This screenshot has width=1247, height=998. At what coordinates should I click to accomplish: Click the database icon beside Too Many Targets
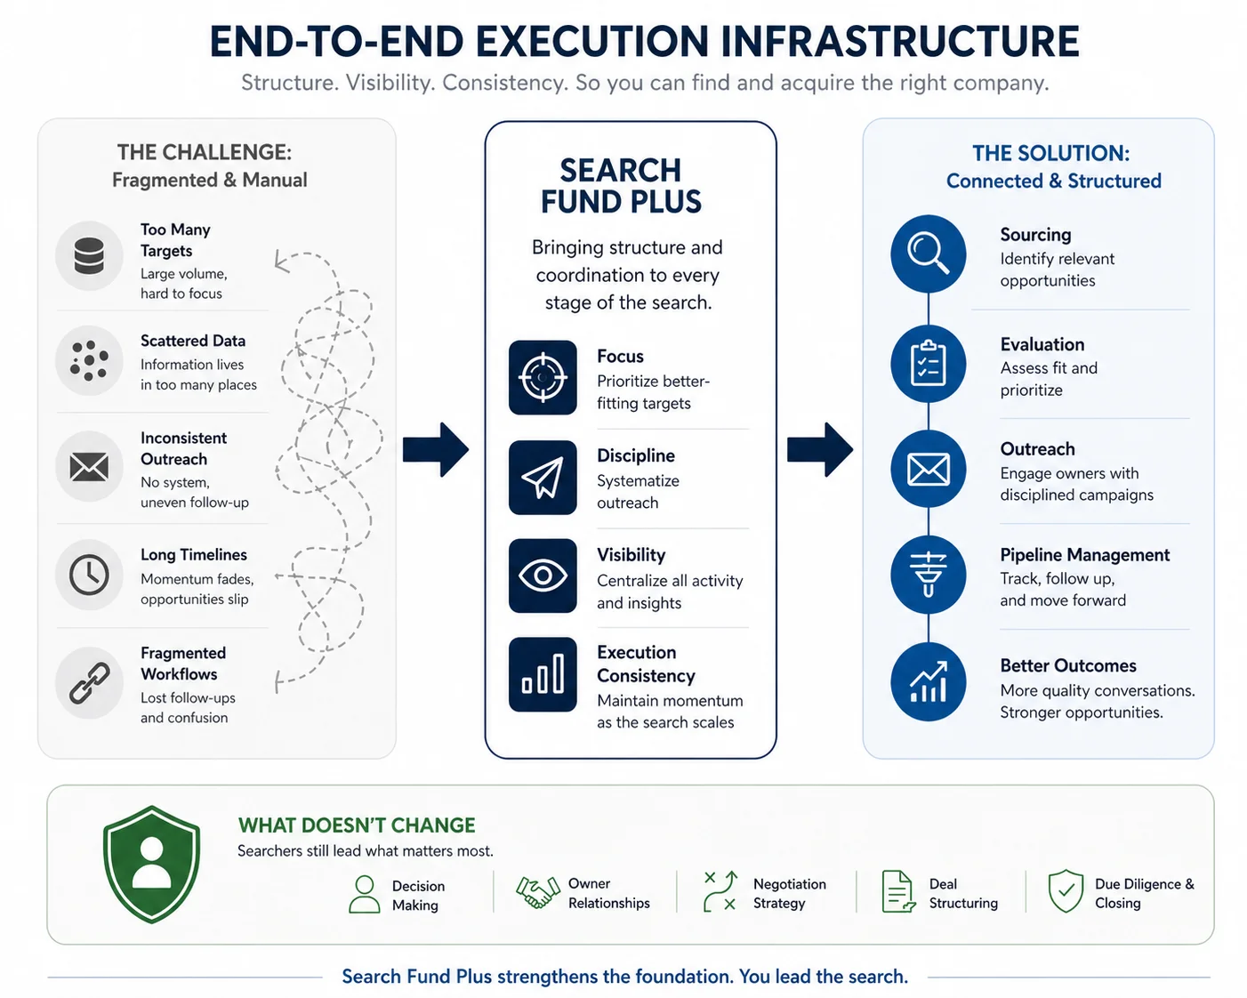(89, 255)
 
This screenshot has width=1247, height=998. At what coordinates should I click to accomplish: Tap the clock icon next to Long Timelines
(89, 575)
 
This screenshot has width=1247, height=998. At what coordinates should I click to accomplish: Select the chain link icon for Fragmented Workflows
(89, 683)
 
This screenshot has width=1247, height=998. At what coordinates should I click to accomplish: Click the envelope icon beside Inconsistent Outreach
(89, 467)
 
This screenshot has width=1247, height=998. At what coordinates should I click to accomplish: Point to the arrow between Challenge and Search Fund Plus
(435, 450)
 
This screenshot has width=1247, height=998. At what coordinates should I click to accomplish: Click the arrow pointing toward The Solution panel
(819, 450)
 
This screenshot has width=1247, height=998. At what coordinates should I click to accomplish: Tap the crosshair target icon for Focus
(543, 377)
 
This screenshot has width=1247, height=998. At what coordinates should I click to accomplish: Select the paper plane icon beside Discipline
(543, 478)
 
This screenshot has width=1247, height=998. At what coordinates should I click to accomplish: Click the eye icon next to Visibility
(543, 575)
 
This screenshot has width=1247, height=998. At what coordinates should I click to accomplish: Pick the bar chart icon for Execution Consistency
(543, 674)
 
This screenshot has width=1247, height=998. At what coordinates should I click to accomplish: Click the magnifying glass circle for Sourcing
(929, 254)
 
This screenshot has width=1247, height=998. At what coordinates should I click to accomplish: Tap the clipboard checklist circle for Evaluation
(929, 364)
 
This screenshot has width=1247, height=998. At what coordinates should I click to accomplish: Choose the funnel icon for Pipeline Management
(929, 575)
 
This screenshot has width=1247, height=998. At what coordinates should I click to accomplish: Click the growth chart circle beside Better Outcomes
(929, 681)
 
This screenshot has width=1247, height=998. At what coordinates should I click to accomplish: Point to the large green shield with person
(151, 864)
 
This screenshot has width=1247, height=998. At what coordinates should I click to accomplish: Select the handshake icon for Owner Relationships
(538, 892)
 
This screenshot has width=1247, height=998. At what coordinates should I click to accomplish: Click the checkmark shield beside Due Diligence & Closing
(1066, 891)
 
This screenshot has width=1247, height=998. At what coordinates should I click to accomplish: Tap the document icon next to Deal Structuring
(898, 891)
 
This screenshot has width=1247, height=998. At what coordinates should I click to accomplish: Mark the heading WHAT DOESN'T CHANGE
(357, 825)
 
